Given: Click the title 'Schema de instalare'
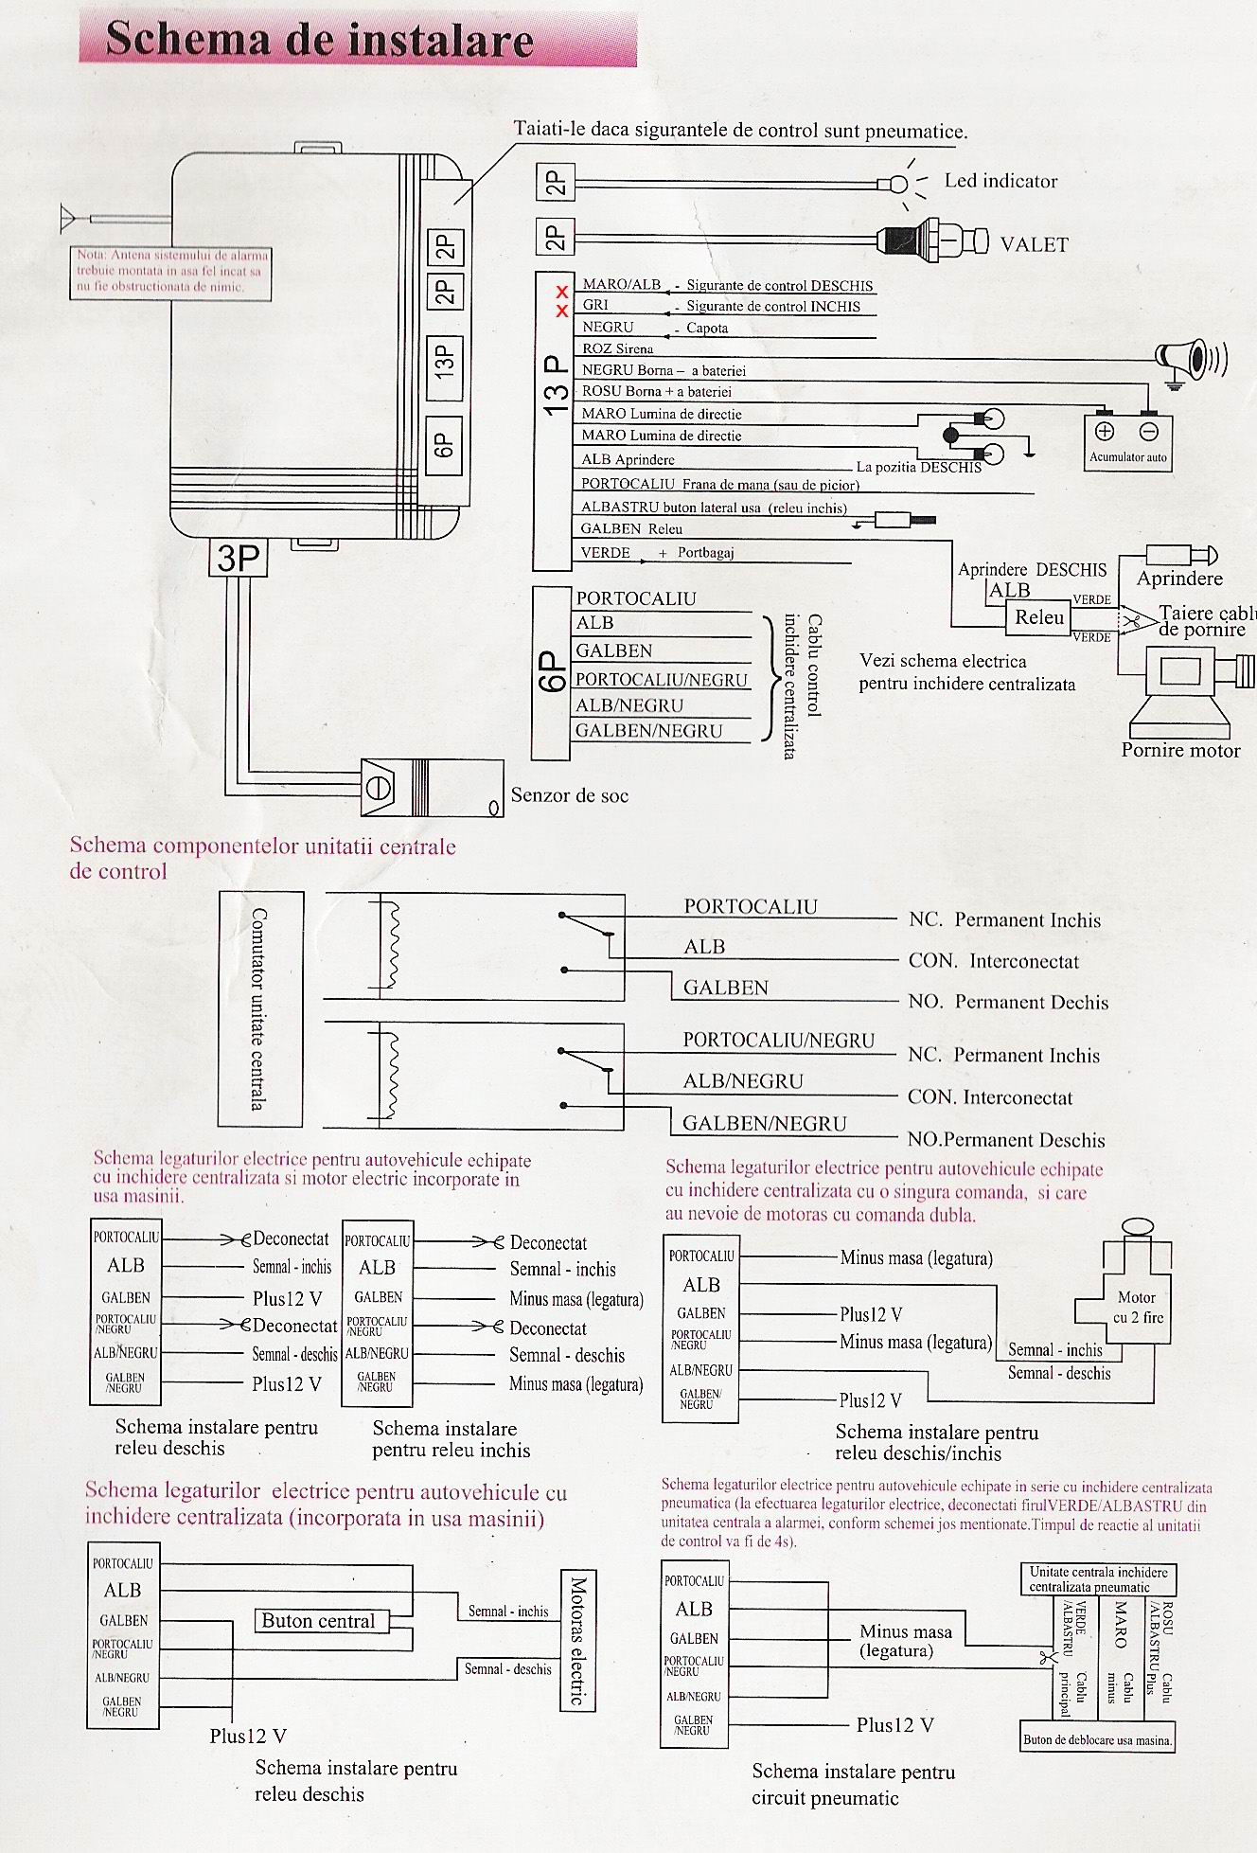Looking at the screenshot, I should pyautogui.click(x=319, y=40).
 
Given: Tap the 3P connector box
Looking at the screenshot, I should pyautogui.click(x=239, y=558).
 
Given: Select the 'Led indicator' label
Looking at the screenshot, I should pyautogui.click(x=1000, y=181).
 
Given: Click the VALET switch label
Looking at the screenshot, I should pyautogui.click(x=1034, y=244).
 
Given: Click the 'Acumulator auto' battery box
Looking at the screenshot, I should pyautogui.click(x=1127, y=441).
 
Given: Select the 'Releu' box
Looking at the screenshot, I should pyautogui.click(x=1039, y=617).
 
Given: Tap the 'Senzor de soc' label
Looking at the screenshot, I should pyautogui.click(x=569, y=795).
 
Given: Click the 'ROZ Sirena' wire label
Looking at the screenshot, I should pyautogui.click(x=617, y=348).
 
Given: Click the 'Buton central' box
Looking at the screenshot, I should pyautogui.click(x=318, y=1621).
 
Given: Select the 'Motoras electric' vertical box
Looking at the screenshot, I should pyautogui.click(x=578, y=1640).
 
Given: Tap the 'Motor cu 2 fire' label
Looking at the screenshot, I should pyautogui.click(x=1137, y=1307).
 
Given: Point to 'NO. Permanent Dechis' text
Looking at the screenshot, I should pyautogui.click(x=1007, y=1002).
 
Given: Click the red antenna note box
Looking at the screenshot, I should pyautogui.click(x=170, y=273).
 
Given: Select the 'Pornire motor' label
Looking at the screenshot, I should pyautogui.click(x=1180, y=751).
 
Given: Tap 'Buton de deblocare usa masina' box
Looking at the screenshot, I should pyautogui.click(x=1097, y=1739).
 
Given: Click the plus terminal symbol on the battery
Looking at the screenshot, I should pyautogui.click(x=1104, y=431).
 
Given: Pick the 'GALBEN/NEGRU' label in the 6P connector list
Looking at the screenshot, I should pyautogui.click(x=648, y=731).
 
